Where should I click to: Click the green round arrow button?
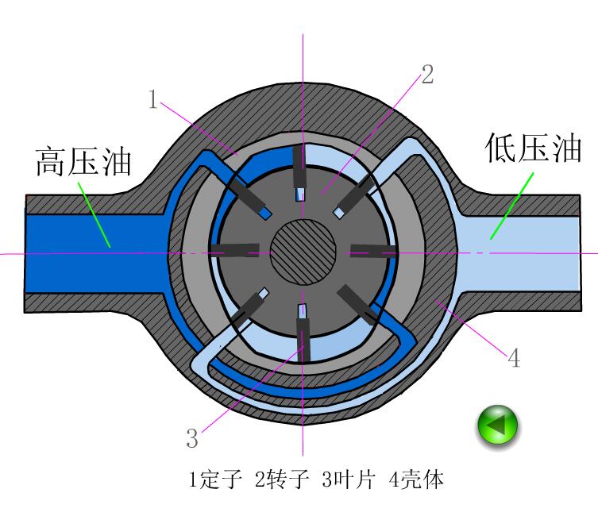pyautogui.click(x=497, y=426)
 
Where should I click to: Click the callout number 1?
pyautogui.click(x=155, y=99)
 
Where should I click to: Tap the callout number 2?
pyautogui.click(x=427, y=75)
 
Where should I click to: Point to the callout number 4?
pyautogui.click(x=514, y=358)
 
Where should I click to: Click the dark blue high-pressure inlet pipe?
pyautogui.click(x=87, y=253)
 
